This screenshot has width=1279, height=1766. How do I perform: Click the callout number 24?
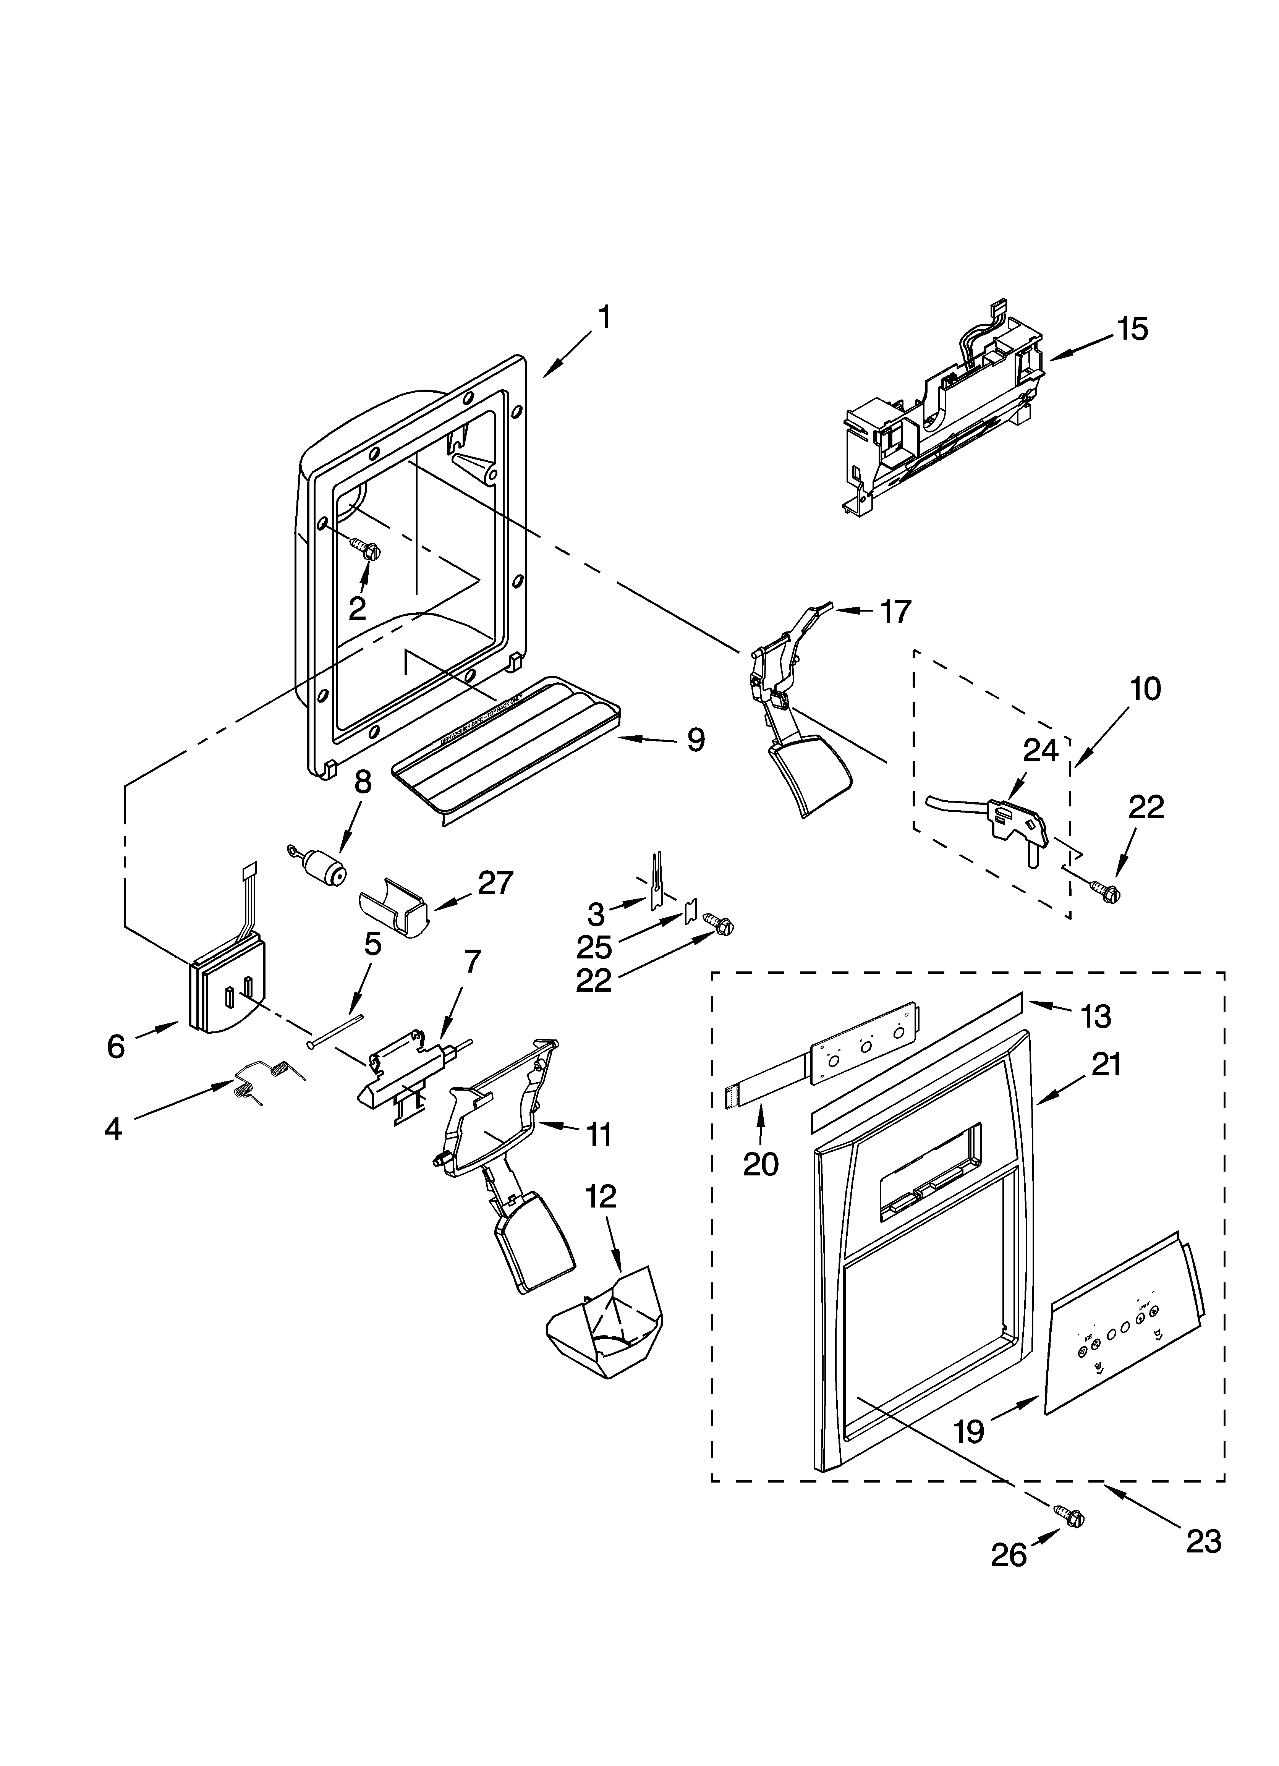[1040, 750]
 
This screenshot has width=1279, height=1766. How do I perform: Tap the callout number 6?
[115, 1047]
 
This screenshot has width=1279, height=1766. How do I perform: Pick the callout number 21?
[1104, 1063]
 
